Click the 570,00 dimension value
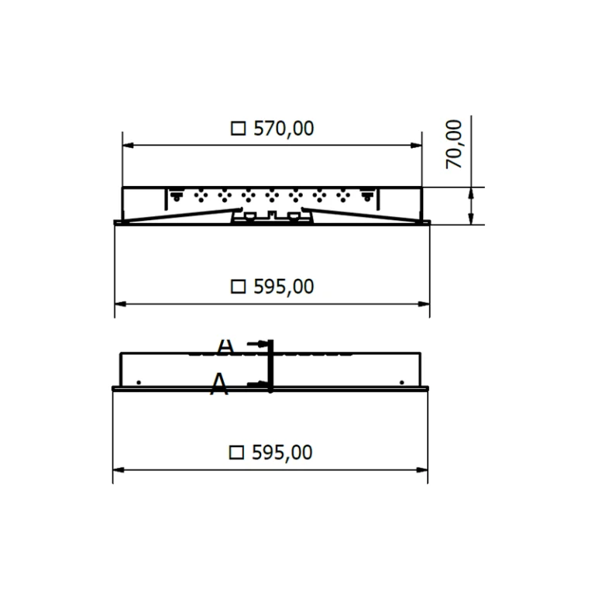click(284, 129)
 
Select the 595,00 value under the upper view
click(284, 287)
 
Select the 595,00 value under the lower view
click(282, 452)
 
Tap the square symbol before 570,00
click(239, 129)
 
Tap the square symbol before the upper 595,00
click(239, 287)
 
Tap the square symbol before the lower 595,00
click(237, 452)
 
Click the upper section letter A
click(225, 346)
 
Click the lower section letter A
click(220, 383)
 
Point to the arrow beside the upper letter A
click(260, 344)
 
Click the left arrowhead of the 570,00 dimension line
click(128, 144)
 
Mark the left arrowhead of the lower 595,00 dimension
click(119, 469)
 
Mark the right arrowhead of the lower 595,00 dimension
click(422, 469)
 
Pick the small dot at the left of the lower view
click(138, 382)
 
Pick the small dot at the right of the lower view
click(401, 382)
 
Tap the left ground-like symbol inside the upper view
click(177, 196)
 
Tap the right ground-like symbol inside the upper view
click(367, 196)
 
